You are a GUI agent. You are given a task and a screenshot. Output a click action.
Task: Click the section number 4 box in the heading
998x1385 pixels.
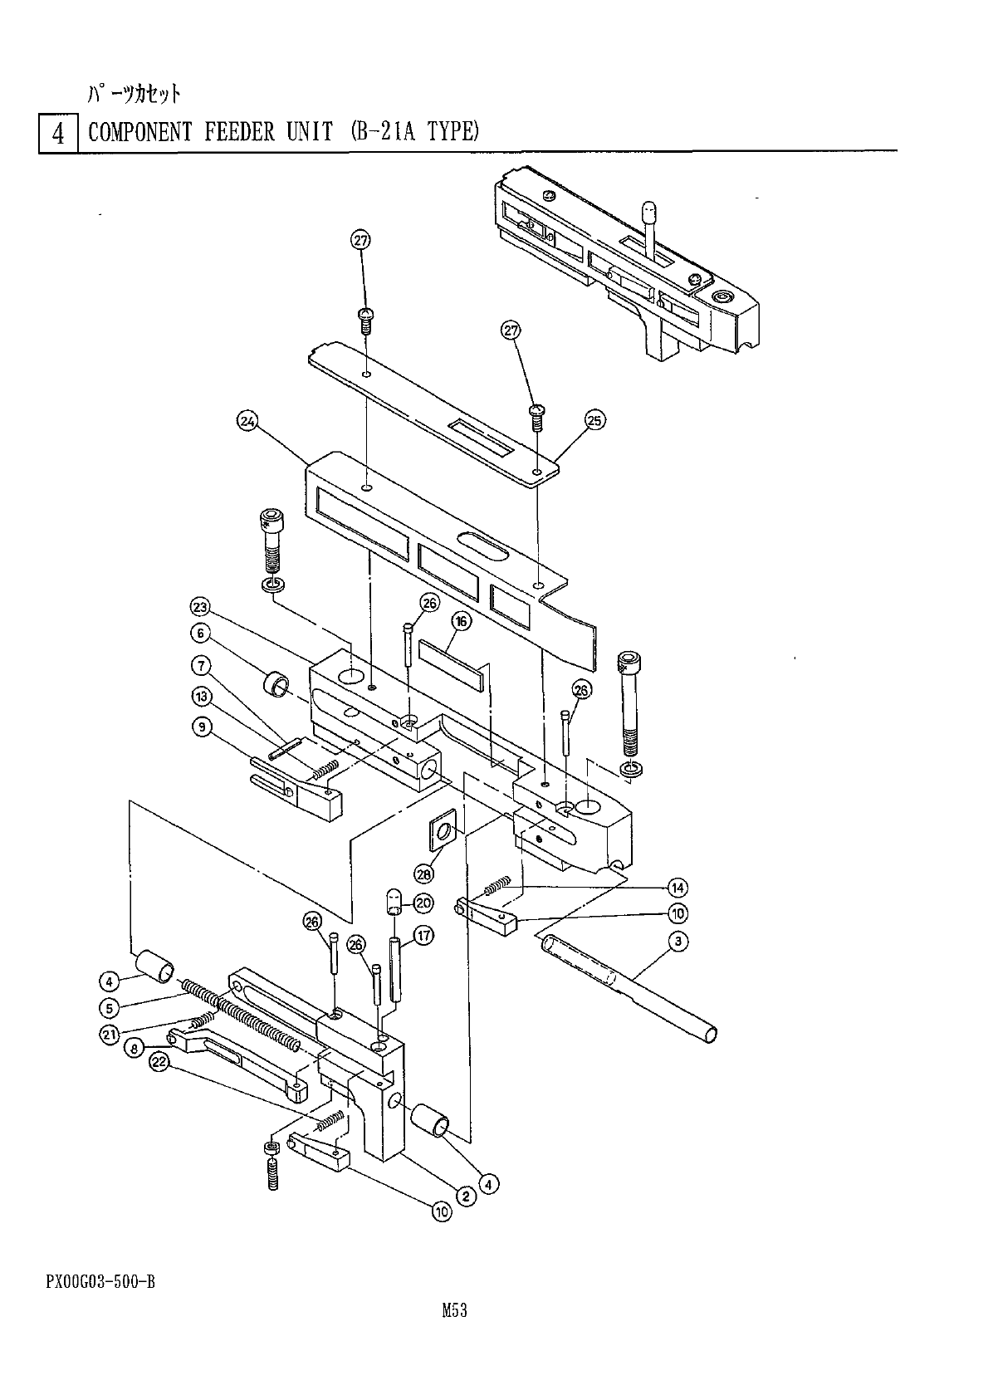pyautogui.click(x=58, y=133)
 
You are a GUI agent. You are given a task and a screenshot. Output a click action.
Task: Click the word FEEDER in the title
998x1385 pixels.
pyautogui.click(x=233, y=132)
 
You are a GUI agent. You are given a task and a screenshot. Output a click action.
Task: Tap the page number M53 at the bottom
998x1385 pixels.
pyautogui.click(x=455, y=1311)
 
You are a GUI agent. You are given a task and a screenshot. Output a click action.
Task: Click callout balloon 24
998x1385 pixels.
pyautogui.click(x=247, y=422)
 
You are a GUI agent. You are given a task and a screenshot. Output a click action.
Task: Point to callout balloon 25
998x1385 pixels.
pyautogui.click(x=594, y=420)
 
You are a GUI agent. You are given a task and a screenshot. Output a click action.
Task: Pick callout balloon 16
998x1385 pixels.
pyautogui.click(x=461, y=621)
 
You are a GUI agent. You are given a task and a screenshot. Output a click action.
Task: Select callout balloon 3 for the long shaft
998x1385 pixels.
pyautogui.click(x=678, y=941)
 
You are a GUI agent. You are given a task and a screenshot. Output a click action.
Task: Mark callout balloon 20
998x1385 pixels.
pyautogui.click(x=423, y=903)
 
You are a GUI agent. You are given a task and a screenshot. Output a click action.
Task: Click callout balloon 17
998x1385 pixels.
pyautogui.click(x=423, y=937)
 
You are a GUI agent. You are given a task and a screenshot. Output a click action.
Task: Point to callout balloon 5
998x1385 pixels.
pyautogui.click(x=109, y=1007)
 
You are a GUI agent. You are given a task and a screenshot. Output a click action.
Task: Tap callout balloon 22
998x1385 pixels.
pyautogui.click(x=159, y=1062)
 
